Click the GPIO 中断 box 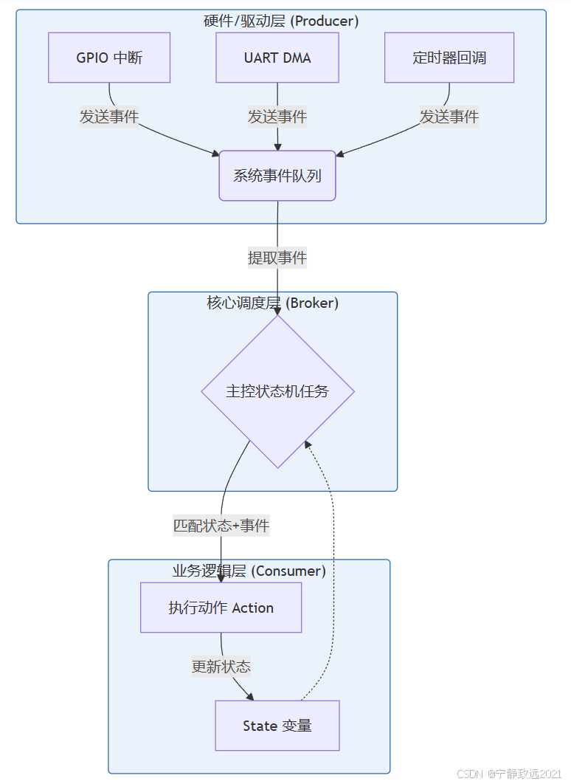[109, 58]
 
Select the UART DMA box [277, 58]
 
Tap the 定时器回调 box [449, 58]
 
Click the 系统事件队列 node [277, 176]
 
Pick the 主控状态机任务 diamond [277, 391]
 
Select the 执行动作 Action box [221, 608]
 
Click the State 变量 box [277, 726]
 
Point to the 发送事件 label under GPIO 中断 [109, 116]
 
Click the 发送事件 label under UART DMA [277, 116]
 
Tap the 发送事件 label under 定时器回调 [449, 116]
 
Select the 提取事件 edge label [277, 258]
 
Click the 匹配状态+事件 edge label [221, 526]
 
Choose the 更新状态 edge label [221, 667]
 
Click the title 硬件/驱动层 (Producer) [281, 21]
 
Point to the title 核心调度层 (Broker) [273, 303]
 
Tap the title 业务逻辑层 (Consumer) [249, 571]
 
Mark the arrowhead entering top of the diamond [277, 312]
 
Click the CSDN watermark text [509, 774]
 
